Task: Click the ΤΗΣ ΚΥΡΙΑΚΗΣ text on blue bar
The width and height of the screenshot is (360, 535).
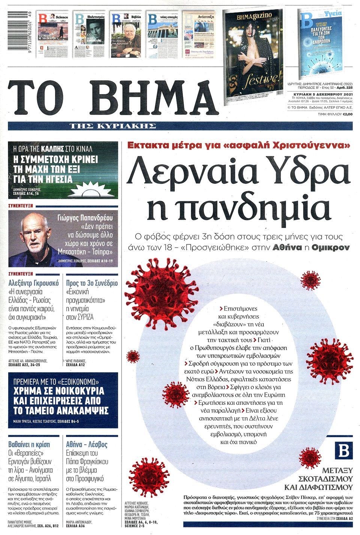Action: [x=112, y=126]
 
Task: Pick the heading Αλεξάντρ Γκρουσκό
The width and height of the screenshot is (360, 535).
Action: [x=34, y=283]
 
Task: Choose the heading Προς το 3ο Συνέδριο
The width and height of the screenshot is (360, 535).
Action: [x=92, y=283]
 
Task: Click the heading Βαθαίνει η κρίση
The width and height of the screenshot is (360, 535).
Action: [x=29, y=445]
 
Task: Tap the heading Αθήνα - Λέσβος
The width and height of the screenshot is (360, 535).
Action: [x=87, y=445]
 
